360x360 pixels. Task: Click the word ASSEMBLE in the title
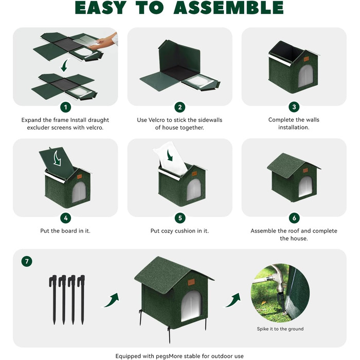[229, 8]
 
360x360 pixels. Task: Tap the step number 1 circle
[66, 107]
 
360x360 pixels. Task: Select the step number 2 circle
[180, 107]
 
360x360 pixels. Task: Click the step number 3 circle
[294, 107]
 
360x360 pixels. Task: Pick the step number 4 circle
[66, 218]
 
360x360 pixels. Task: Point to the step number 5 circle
[180, 218]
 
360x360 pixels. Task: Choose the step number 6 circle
[294, 218]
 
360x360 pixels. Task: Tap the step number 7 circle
[27, 261]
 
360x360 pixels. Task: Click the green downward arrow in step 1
[65, 65]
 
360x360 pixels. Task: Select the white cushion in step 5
[170, 158]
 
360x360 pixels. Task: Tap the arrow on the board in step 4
[57, 158]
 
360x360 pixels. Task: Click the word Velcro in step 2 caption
[157, 120]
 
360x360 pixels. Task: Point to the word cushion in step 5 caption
[185, 231]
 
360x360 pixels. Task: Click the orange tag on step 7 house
[191, 282]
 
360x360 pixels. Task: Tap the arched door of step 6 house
[305, 186]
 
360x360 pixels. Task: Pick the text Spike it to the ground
[280, 329]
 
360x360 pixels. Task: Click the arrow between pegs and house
[112, 300]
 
